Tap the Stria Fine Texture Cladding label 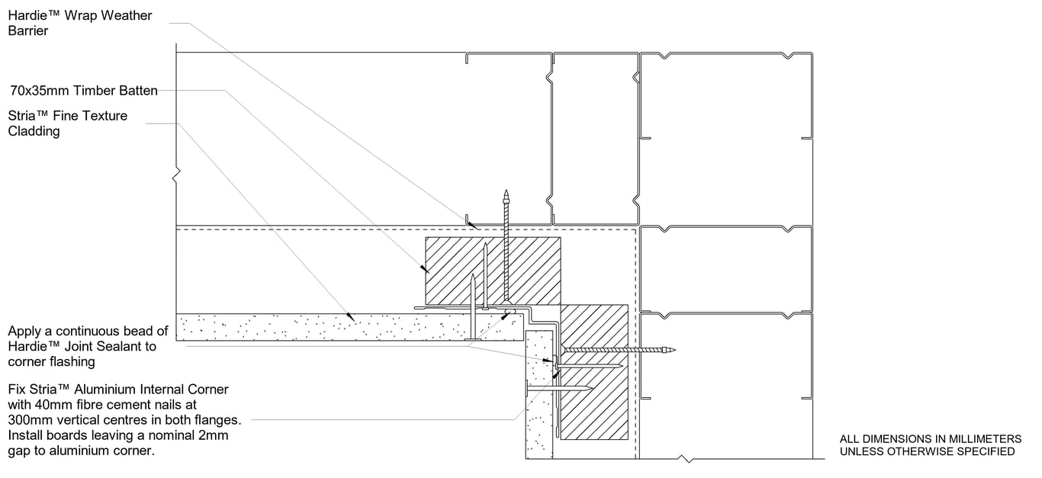67,124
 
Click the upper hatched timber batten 492,270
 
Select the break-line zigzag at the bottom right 689,459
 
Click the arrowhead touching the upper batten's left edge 422,268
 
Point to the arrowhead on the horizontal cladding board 351,315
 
